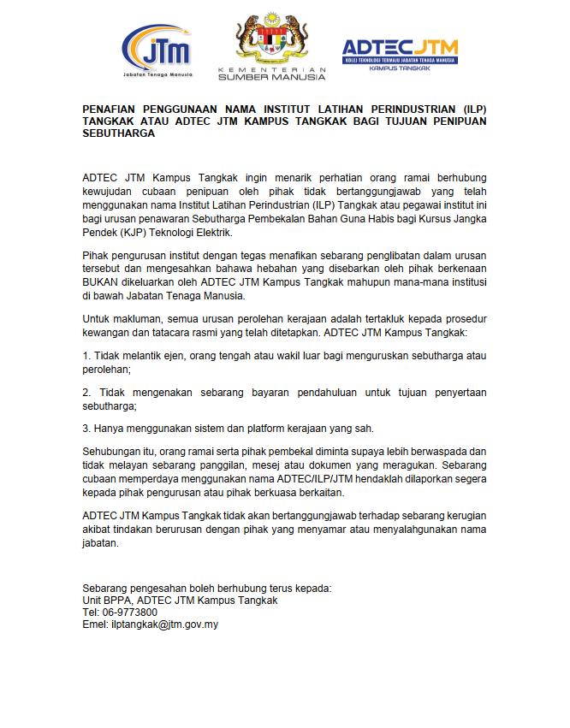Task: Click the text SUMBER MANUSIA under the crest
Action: (272, 77)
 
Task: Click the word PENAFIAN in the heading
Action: (116, 110)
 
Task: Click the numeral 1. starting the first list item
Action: (86, 354)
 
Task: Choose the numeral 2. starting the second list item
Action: (87, 392)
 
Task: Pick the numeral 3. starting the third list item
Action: (86, 429)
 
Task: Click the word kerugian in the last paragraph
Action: (464, 518)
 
